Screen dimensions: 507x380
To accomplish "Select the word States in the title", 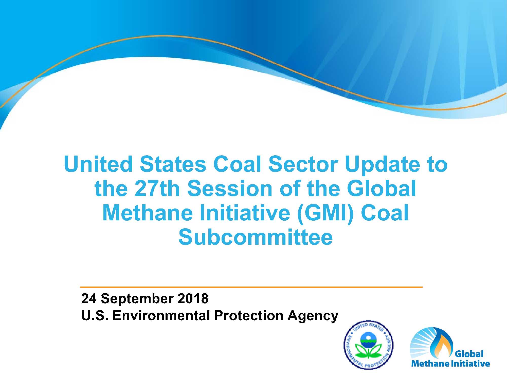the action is click(x=173, y=164).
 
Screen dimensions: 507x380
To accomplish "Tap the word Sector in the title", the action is click(x=303, y=164).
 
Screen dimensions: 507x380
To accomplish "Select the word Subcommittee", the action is click(x=255, y=237).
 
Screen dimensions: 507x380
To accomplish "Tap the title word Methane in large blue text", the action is click(x=148, y=213).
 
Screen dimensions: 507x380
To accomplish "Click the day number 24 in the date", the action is click(x=89, y=298).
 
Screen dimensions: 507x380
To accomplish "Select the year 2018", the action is click(x=193, y=298).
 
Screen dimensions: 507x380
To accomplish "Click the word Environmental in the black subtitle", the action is click(x=161, y=316).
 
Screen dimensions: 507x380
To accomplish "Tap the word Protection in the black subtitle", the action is click(x=249, y=316).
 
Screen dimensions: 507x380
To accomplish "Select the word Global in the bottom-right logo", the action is click(x=469, y=354).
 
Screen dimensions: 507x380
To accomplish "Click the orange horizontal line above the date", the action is click(x=251, y=287).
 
